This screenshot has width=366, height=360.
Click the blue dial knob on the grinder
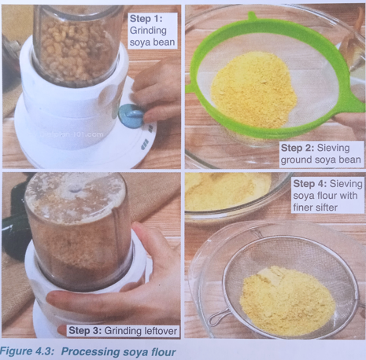(131, 116)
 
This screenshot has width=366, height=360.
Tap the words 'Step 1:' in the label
(146, 19)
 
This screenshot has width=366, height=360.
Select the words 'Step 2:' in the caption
(298, 148)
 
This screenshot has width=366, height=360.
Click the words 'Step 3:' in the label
(85, 331)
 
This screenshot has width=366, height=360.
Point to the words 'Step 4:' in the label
(310, 184)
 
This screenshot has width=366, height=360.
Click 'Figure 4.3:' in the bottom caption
(27, 351)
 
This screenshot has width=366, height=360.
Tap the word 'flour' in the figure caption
(163, 352)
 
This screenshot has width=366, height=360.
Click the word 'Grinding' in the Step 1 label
(148, 31)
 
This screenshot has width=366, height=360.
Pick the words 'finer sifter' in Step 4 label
(316, 208)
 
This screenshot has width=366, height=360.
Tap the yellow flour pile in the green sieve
(254, 90)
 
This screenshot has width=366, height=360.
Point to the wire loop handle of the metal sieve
(219, 316)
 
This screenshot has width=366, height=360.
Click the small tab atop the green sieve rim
(252, 17)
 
